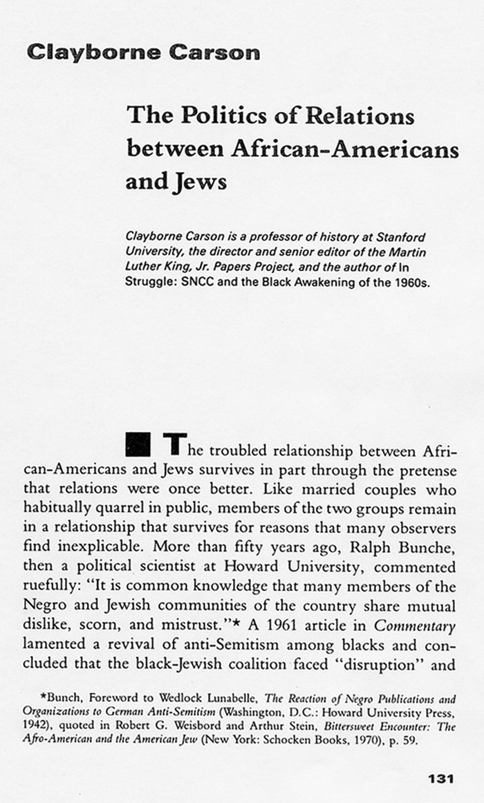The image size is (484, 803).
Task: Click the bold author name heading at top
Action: click(x=143, y=53)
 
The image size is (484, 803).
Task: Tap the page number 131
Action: click(x=440, y=779)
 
